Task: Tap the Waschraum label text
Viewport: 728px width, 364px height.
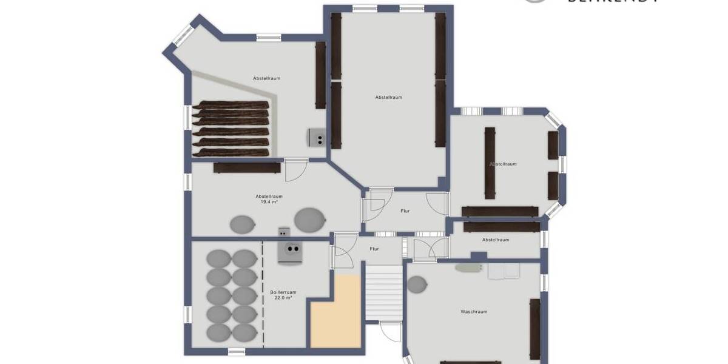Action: click(474, 312)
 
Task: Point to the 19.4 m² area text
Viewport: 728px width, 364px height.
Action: click(269, 202)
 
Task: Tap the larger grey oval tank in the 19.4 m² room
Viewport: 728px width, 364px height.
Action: click(309, 220)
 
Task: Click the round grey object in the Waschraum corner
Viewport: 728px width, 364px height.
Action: click(417, 283)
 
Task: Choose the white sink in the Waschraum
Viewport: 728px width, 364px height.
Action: click(504, 271)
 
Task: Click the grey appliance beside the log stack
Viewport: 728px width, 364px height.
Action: click(317, 138)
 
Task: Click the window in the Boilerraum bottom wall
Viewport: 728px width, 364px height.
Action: click(237, 351)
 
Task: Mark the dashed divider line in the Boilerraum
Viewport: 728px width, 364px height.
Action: click(263, 294)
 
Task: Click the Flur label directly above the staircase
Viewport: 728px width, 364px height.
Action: click(374, 249)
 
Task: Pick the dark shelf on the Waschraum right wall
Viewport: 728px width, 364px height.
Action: click(534, 328)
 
